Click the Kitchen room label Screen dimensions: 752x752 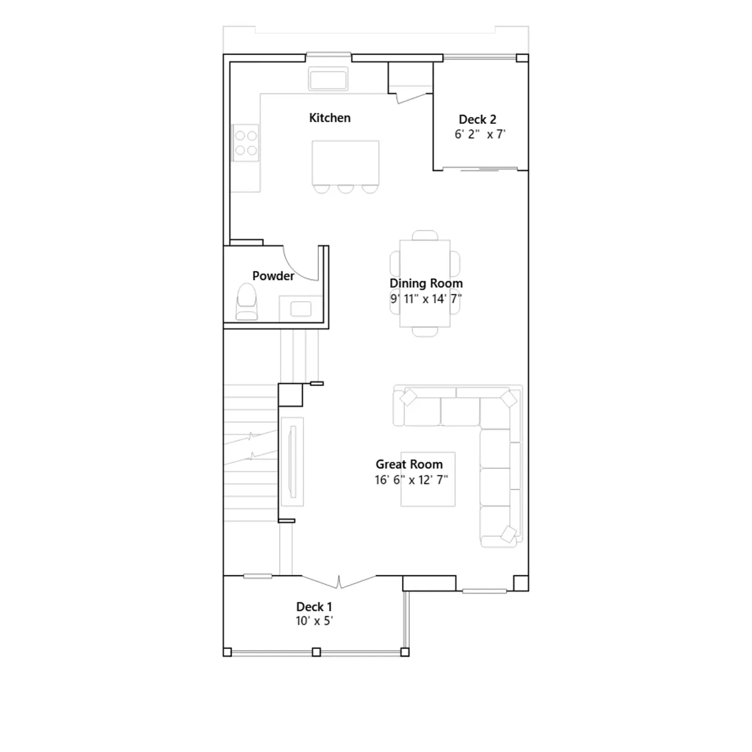tap(329, 118)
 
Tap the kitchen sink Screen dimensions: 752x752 tap(328, 79)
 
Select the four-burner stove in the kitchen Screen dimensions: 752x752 tap(246, 143)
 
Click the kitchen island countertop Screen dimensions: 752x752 tap(345, 163)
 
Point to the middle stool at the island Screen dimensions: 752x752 tap(345, 188)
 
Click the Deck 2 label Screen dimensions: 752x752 tap(478, 119)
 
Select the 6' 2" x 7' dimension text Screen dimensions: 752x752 tap(480, 134)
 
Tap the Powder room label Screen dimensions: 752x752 tap(273, 276)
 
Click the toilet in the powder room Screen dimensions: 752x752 tap(247, 302)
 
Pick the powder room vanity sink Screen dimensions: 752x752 tap(301, 309)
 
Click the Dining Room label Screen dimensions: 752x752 tap(426, 283)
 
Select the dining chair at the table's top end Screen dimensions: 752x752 tap(425, 235)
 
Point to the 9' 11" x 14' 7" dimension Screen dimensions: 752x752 tap(426, 299)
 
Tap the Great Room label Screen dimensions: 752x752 tap(409, 464)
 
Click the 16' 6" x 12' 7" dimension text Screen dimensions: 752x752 tap(411, 480)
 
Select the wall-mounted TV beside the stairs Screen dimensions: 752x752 tap(292, 462)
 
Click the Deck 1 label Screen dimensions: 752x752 tap(314, 607)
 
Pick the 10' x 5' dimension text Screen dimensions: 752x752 tap(314, 621)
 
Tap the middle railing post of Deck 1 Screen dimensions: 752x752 tap(316, 652)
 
